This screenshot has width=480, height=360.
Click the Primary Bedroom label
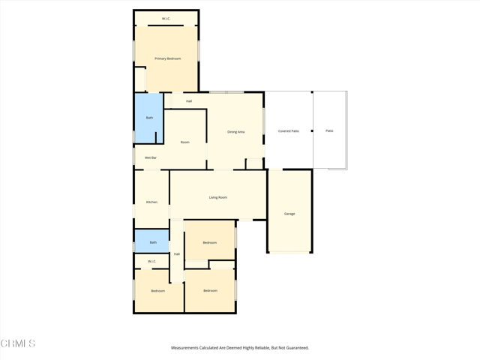tap(168, 58)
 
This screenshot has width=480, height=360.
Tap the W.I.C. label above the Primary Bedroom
tap(166, 19)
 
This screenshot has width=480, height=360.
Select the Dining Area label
tap(235, 132)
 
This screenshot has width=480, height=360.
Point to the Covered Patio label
tap(289, 131)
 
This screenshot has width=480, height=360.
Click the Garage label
tap(289, 214)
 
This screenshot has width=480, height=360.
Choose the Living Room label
tap(217, 197)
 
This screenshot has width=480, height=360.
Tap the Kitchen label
tap(151, 202)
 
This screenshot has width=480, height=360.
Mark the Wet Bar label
tap(150, 157)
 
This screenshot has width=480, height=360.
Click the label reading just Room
tap(184, 142)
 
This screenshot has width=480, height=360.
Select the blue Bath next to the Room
tap(149, 118)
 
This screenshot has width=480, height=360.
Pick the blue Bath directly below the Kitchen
tap(153, 242)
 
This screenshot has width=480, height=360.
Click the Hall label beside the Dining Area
tap(189, 101)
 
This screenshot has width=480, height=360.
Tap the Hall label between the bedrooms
tap(177, 254)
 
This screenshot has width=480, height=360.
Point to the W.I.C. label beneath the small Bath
tap(151, 262)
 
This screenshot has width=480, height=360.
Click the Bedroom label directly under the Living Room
tap(210, 242)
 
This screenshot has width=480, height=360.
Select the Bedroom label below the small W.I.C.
tap(157, 291)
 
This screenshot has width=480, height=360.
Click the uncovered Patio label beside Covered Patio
tap(329, 131)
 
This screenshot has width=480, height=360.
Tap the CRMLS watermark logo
tap(18, 343)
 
